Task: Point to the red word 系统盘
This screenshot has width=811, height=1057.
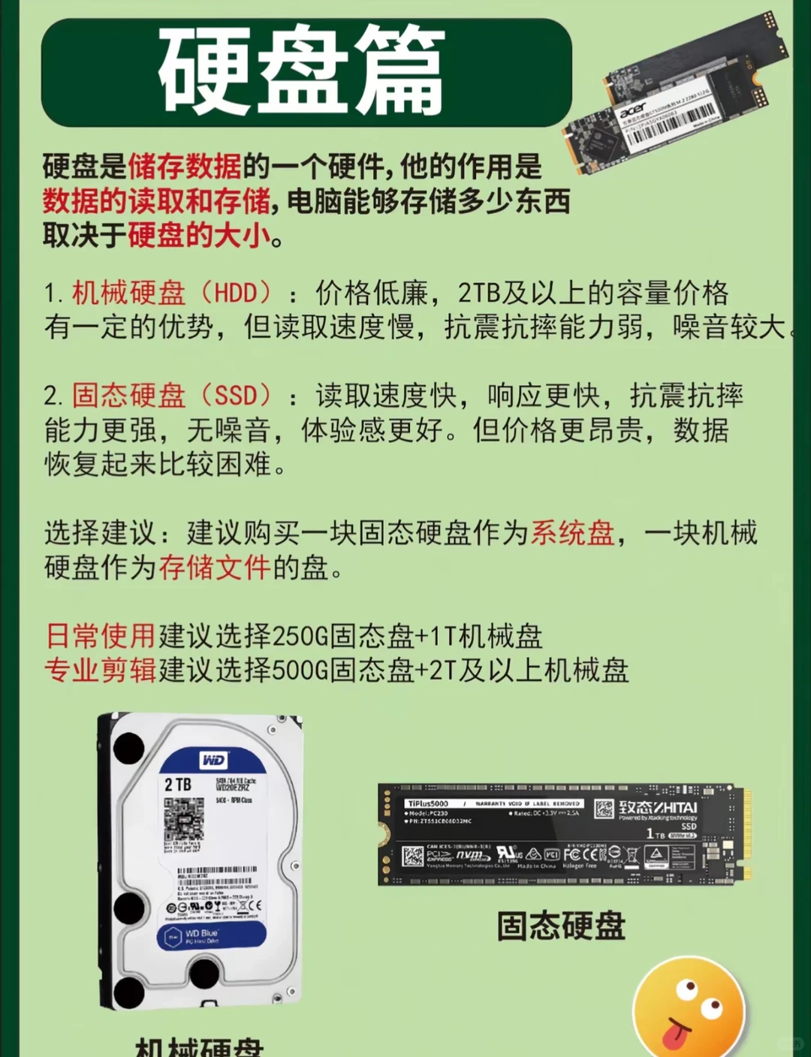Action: pyautogui.click(x=573, y=533)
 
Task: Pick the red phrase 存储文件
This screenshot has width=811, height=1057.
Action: pyautogui.click(x=214, y=568)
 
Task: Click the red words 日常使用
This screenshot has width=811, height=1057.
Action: pyautogui.click(x=101, y=636)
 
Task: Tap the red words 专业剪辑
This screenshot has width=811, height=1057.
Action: pyautogui.click(x=101, y=670)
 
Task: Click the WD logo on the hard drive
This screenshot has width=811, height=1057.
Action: pyautogui.click(x=213, y=760)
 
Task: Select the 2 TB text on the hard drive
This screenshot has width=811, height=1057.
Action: pyautogui.click(x=178, y=785)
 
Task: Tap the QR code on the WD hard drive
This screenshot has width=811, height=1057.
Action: pyautogui.click(x=184, y=818)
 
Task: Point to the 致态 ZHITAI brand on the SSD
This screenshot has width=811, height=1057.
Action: pyautogui.click(x=658, y=808)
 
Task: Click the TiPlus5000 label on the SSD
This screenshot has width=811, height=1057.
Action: pyautogui.click(x=427, y=803)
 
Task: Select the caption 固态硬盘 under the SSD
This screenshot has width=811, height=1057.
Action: pyautogui.click(x=561, y=926)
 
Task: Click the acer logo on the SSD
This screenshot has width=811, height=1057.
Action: pyautogui.click(x=633, y=110)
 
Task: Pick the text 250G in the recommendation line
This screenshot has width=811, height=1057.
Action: pyautogui.click(x=300, y=637)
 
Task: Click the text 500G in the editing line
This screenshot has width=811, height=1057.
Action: pyautogui.click(x=300, y=670)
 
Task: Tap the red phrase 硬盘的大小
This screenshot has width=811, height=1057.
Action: pyautogui.click(x=199, y=236)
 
